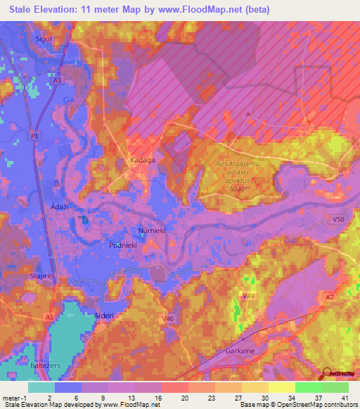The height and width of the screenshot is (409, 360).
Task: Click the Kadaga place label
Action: tap(143, 160)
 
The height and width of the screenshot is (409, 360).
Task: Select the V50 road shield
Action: tap(339, 220)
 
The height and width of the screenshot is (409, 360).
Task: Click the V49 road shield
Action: tap(248, 297)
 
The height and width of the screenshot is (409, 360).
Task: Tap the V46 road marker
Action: tap(168, 319)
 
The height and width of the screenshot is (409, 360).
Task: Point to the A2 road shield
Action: tap(330, 297)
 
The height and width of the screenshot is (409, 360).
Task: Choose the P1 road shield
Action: tap(35, 135)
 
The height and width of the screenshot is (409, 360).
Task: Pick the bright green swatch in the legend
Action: tap(309, 387)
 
